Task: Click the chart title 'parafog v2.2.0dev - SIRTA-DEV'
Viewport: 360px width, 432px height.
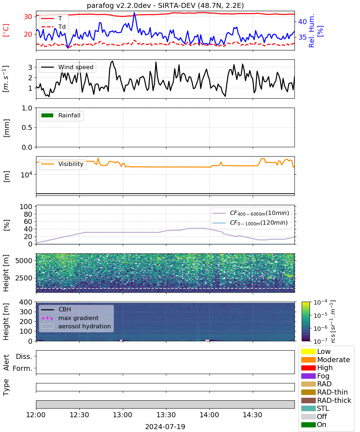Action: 141,5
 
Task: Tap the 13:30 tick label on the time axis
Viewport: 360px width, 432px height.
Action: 166,415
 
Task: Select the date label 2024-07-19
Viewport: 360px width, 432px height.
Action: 165,427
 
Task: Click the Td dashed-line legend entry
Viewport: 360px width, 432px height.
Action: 53,27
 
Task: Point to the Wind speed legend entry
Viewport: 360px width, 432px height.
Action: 67,67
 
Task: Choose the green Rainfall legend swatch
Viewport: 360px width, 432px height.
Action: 48,115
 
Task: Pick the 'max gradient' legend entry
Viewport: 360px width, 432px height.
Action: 70,318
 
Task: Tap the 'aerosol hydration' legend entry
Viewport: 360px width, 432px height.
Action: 76,326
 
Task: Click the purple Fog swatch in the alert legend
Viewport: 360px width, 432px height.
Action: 308,376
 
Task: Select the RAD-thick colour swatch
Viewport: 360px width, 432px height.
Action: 308,400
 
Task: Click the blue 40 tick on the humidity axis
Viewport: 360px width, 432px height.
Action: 302,22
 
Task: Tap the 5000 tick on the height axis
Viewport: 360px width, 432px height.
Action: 24,261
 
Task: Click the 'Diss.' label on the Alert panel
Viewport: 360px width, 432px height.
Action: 24,356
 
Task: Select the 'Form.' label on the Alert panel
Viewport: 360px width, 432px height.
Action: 23,368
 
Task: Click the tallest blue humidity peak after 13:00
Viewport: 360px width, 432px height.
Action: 134,13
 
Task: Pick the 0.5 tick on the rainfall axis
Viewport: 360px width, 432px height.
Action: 27,127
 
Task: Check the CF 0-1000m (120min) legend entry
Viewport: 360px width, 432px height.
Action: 250,223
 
